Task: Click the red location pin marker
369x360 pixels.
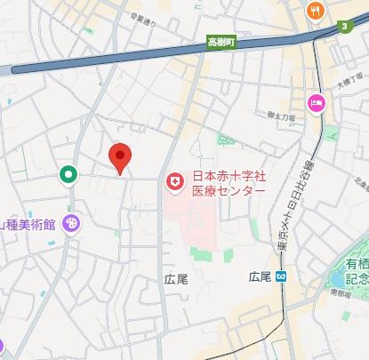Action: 121,157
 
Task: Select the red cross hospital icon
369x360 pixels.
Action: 175,182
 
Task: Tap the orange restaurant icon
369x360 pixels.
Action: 315,11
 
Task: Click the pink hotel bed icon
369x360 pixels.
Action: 316,104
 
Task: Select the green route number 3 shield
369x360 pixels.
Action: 343,28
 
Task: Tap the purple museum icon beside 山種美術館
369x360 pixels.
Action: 71,224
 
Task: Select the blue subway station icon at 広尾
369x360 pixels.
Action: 280,252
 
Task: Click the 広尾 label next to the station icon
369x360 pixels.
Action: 261,252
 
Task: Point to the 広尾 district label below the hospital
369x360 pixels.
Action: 176,279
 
